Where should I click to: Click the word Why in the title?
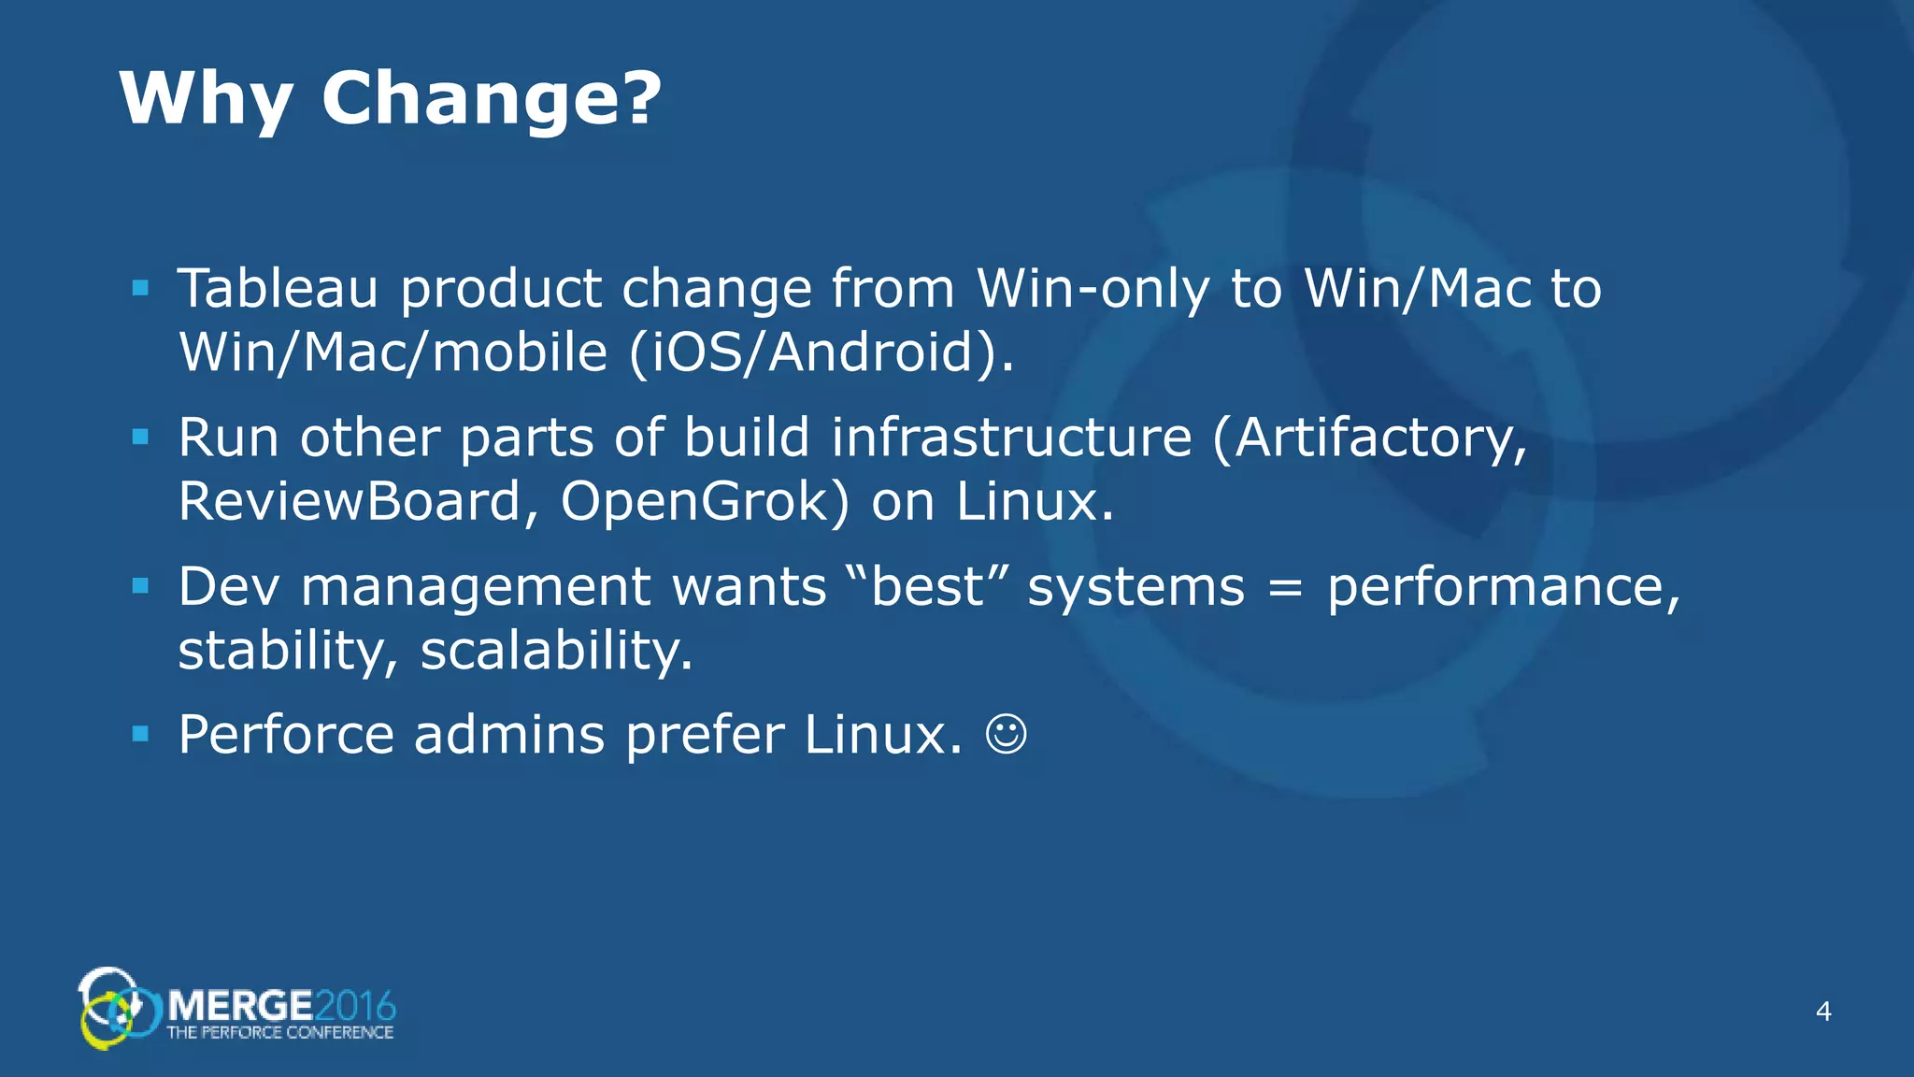pyautogui.click(x=206, y=99)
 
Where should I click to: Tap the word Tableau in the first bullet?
pyautogui.click(x=278, y=288)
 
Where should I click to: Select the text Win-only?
pyautogui.click(x=1092, y=290)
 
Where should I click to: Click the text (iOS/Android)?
pyautogui.click(x=821, y=353)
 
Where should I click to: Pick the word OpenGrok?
pyautogui.click(x=705, y=502)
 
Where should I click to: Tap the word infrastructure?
pyautogui.click(x=1011, y=438)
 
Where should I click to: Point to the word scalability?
pyautogui.click(x=556, y=651)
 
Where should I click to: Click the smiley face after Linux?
pyautogui.click(x=1006, y=735)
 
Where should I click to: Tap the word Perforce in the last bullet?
pyautogui.click(x=286, y=735)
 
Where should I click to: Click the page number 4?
pyautogui.click(x=1822, y=1012)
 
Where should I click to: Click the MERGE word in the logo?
pyautogui.click(x=240, y=1007)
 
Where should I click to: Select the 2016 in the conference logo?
pyautogui.click(x=355, y=1007)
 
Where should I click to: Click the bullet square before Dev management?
pyautogui.click(x=141, y=586)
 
